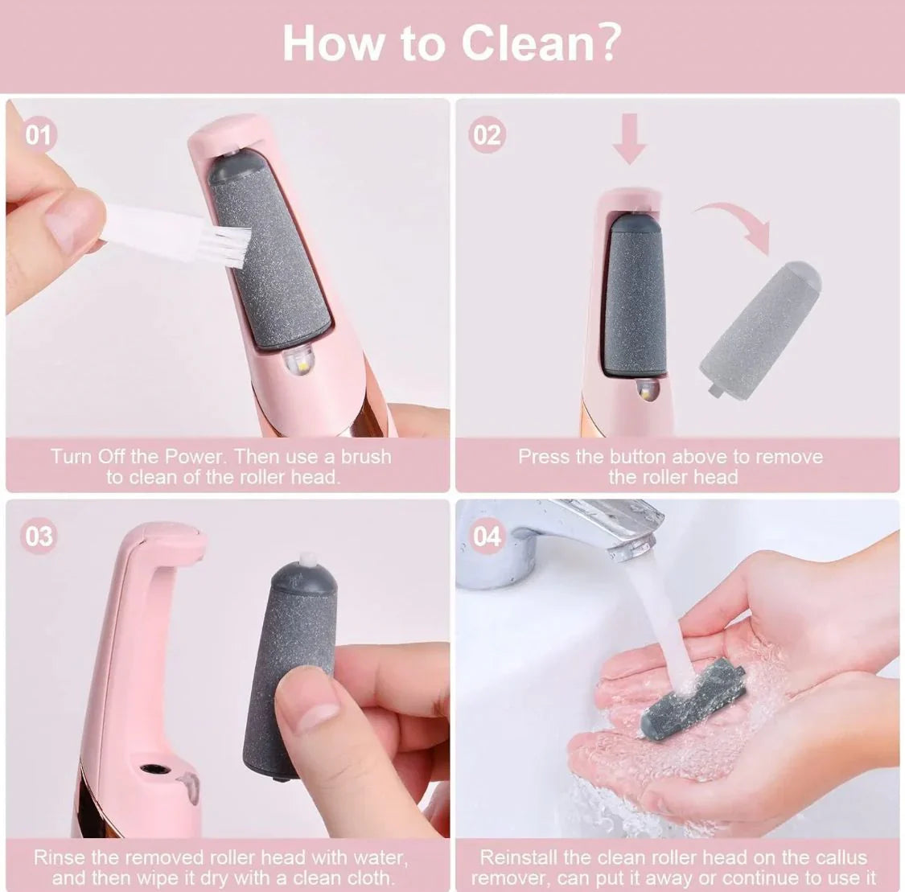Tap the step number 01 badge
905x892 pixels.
pyautogui.click(x=38, y=134)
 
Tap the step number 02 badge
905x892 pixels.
pyautogui.click(x=487, y=134)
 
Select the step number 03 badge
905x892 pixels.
pyautogui.click(x=38, y=536)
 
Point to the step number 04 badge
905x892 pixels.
pyautogui.click(x=487, y=536)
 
